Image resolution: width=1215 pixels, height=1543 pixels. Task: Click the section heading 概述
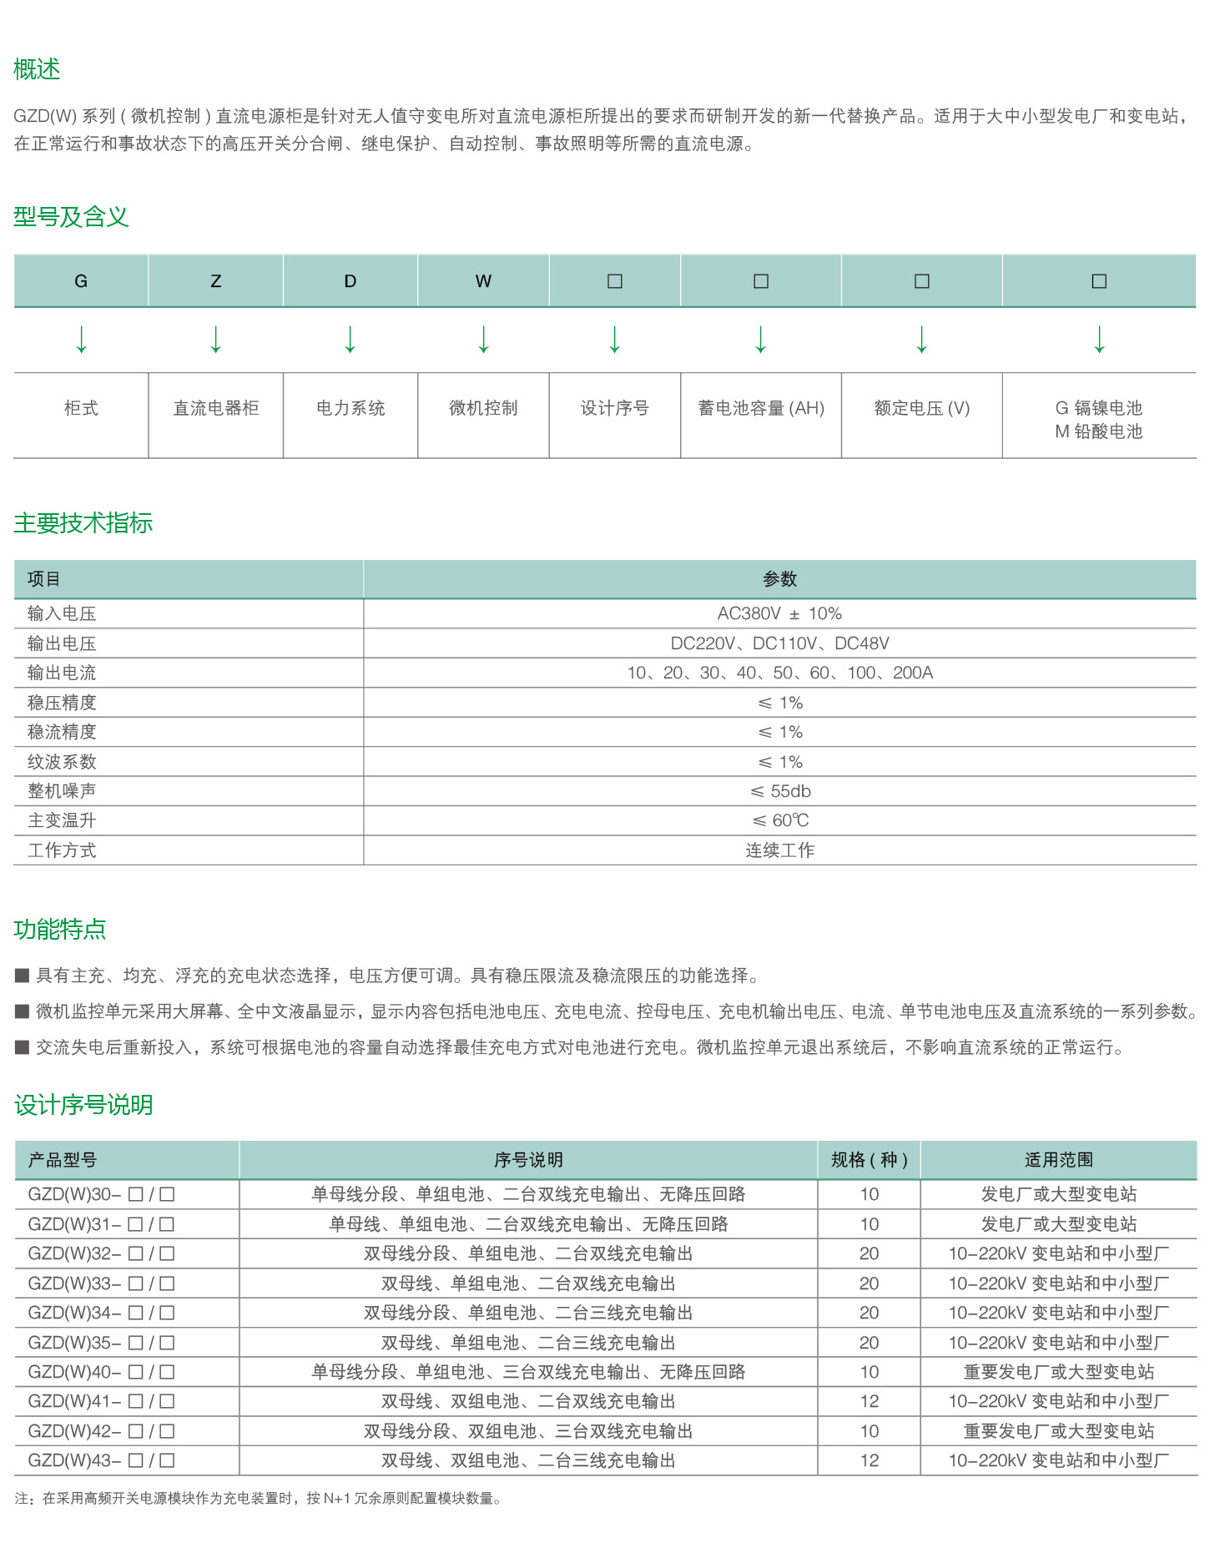point(37,69)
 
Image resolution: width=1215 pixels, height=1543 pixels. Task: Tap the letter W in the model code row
point(483,281)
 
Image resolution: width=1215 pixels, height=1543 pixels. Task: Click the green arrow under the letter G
point(81,340)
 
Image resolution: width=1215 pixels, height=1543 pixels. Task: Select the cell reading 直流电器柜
point(215,408)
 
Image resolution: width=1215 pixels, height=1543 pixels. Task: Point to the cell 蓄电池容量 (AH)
point(760,408)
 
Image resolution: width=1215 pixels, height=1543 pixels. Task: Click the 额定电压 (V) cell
point(921,408)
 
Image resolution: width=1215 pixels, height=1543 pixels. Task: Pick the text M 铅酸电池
point(1098,431)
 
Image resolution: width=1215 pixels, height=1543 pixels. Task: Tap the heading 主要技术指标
point(83,523)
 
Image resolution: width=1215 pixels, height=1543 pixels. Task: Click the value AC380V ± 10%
point(779,613)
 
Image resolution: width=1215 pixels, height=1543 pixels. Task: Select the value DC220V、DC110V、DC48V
point(779,643)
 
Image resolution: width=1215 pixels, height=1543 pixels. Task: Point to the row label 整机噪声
point(62,791)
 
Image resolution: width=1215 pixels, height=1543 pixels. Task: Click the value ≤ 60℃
point(779,820)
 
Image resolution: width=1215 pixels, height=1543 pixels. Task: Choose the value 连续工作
point(779,850)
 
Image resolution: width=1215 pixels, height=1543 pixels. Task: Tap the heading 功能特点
point(59,929)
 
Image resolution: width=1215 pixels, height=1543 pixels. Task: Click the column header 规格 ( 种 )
point(869,1160)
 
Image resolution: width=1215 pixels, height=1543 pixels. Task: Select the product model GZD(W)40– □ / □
point(101,1372)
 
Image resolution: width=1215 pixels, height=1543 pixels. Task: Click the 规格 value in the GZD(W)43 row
point(869,1460)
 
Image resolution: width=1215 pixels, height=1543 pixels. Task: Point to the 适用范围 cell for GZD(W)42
point(1058,1431)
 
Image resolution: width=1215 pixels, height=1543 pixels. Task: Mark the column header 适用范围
point(1058,1160)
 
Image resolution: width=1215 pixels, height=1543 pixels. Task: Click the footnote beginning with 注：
point(259,1499)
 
